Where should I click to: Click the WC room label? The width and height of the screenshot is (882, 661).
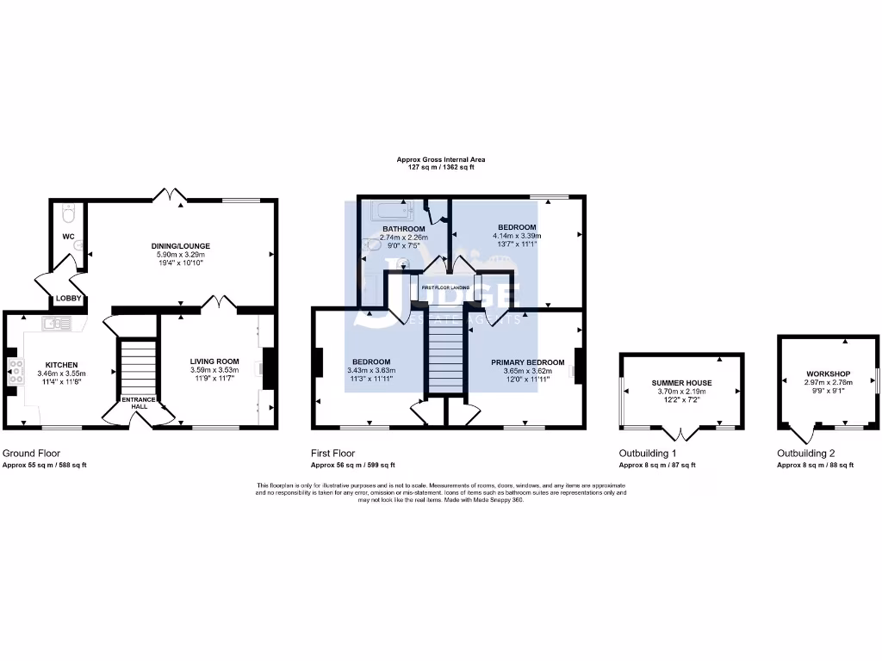click(69, 236)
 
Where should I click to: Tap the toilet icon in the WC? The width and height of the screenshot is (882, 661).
click(70, 213)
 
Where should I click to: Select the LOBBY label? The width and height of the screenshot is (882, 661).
click(69, 299)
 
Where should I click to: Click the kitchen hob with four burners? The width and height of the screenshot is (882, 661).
click(16, 370)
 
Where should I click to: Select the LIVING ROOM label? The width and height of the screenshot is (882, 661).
click(214, 361)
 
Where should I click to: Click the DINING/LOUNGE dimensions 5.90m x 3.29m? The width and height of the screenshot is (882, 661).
click(182, 255)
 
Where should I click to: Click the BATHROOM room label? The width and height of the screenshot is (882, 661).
click(404, 228)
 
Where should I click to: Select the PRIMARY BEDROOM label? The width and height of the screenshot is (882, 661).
click(527, 362)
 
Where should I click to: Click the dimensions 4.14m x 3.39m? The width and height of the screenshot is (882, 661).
click(516, 236)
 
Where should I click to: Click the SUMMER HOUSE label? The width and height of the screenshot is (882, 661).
click(681, 382)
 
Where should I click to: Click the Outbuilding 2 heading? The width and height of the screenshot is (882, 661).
click(805, 453)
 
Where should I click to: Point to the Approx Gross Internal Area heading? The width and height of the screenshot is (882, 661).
click(440, 159)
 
